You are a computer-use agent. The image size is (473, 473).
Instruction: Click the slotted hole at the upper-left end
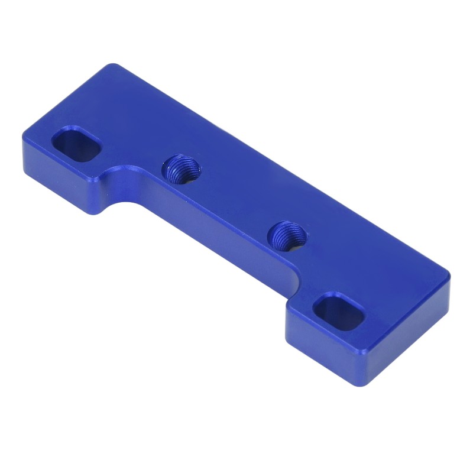tap(76, 144)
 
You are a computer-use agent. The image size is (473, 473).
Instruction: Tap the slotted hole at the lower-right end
tap(338, 312)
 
